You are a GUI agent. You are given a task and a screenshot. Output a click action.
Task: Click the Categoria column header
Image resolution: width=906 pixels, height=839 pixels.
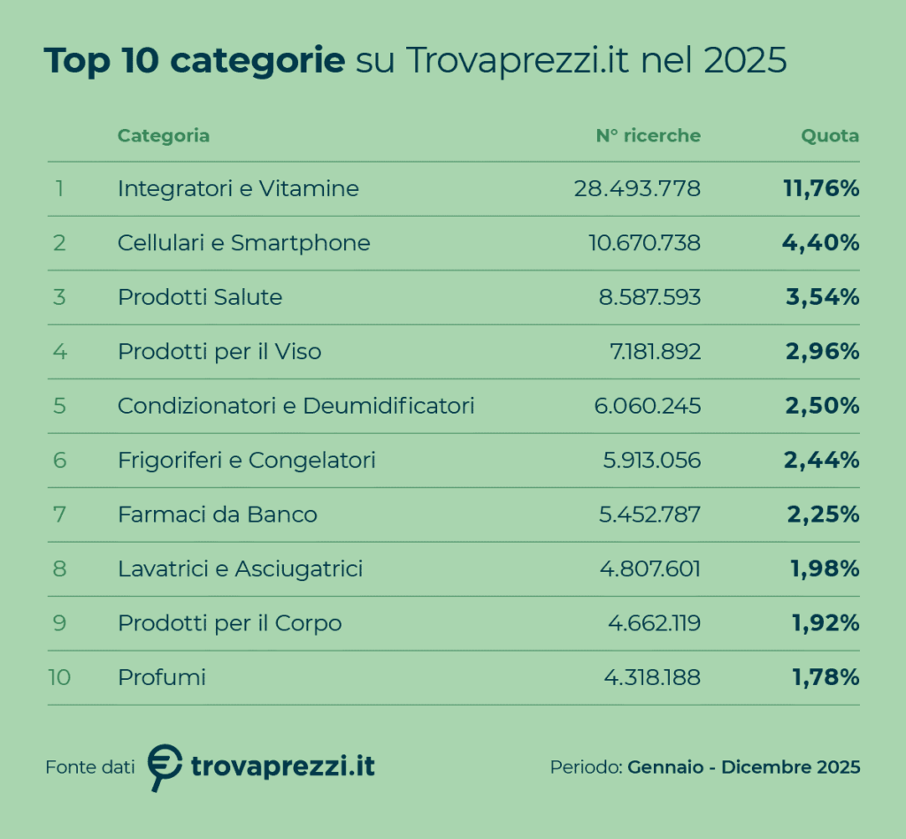pyautogui.click(x=164, y=136)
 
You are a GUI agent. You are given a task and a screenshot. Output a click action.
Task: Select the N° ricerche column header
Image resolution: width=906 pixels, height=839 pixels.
pyautogui.click(x=648, y=136)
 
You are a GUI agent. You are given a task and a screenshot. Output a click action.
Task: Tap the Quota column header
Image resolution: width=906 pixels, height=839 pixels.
pyautogui.click(x=830, y=136)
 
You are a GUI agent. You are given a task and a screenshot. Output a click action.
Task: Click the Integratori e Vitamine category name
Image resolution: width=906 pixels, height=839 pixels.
pyautogui.click(x=238, y=188)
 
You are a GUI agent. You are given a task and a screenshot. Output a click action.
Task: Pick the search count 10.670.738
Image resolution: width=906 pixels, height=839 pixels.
pyautogui.click(x=644, y=243)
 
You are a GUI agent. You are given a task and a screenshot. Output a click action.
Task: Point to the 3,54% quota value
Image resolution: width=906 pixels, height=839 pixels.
pyautogui.click(x=823, y=297)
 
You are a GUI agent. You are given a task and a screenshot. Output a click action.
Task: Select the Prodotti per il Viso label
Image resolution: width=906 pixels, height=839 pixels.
pyautogui.click(x=219, y=352)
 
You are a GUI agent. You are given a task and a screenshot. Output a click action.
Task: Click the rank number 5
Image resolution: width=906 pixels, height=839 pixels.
pyautogui.click(x=59, y=406)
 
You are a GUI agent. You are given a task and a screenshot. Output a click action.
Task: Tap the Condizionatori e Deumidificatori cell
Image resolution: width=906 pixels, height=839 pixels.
pyautogui.click(x=296, y=406)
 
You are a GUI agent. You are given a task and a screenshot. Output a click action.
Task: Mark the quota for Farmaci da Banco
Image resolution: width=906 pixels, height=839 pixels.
pyautogui.click(x=823, y=515)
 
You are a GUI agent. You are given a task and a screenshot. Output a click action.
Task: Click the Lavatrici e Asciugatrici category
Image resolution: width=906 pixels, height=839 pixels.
pyautogui.click(x=240, y=569)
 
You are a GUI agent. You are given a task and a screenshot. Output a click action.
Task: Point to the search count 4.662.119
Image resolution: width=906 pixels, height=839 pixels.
pyautogui.click(x=654, y=623)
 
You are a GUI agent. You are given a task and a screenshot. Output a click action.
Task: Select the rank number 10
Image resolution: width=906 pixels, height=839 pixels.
pyautogui.click(x=59, y=678)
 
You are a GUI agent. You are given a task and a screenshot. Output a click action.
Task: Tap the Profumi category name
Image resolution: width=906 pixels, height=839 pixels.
pyautogui.click(x=161, y=678)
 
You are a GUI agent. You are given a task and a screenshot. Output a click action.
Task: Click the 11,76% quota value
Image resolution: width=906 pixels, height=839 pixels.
pyautogui.click(x=821, y=188)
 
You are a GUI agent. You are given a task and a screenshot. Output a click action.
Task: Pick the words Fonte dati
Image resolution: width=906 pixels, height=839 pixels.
pyautogui.click(x=89, y=767)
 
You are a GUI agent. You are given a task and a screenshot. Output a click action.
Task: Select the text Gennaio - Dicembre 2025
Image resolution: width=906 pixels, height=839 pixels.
pyautogui.click(x=743, y=767)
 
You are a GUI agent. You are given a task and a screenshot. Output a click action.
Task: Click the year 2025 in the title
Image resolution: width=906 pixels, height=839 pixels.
pyautogui.click(x=746, y=62)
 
